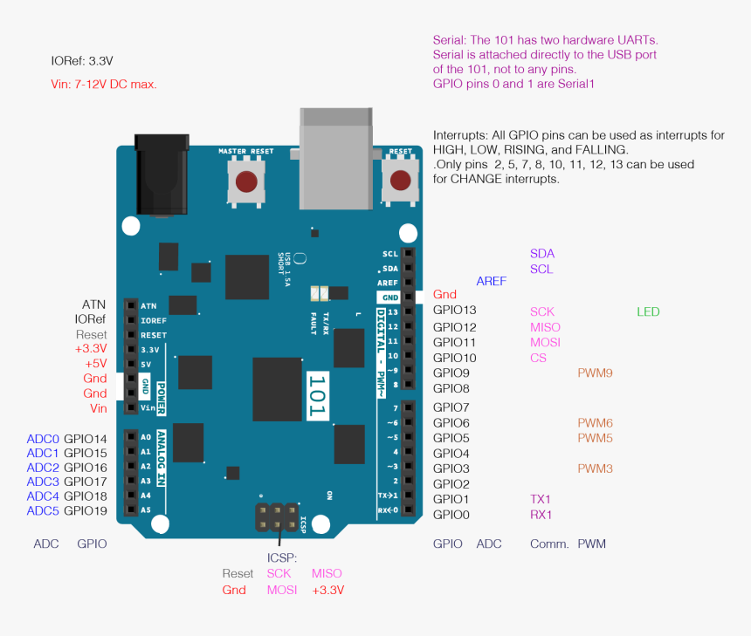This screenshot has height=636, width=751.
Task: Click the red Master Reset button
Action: coord(246,181)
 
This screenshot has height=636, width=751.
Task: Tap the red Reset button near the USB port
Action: coord(400,181)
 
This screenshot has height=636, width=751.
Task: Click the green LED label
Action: coord(648,311)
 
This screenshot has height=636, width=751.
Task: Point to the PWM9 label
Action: coord(595,373)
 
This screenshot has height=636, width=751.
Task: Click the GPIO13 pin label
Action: coord(455,311)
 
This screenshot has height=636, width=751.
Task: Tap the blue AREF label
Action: coord(491,281)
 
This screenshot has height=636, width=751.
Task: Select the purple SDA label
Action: coord(541,254)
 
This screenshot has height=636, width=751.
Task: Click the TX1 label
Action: coord(541,499)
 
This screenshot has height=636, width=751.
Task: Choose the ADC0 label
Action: coord(43,439)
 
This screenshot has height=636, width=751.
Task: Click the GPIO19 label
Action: coord(86,510)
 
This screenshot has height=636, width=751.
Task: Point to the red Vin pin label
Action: coord(98,408)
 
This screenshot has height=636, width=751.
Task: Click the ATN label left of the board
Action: coord(93,304)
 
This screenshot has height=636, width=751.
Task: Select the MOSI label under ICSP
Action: coord(282,590)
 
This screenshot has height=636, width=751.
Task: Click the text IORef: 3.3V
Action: coord(82,61)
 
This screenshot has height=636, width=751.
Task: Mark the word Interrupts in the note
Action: coord(460,135)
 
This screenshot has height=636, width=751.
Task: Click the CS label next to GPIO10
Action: coord(538,358)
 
